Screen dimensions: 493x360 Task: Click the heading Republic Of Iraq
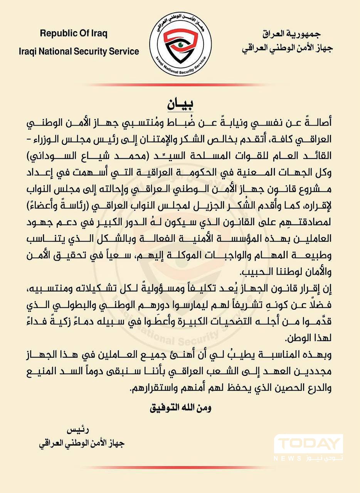74,33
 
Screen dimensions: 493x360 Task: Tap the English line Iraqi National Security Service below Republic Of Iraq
79,51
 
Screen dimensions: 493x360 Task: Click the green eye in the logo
180,45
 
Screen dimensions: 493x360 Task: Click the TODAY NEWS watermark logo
308,447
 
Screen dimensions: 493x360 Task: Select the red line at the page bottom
180,467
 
